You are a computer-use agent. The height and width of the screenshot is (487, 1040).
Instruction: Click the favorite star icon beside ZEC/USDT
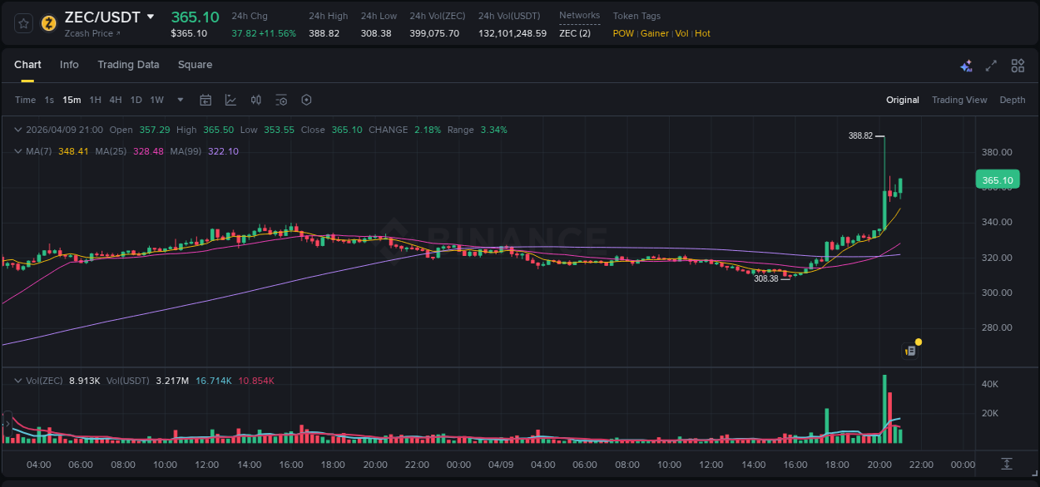pos(24,23)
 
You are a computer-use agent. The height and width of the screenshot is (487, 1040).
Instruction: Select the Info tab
pos(69,65)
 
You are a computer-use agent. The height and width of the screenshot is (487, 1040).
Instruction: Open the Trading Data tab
pos(128,65)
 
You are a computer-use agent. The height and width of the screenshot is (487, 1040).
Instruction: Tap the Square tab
pos(195,65)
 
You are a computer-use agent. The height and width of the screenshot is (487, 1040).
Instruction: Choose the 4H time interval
pos(116,100)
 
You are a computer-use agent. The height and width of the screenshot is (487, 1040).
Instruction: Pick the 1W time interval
pos(156,100)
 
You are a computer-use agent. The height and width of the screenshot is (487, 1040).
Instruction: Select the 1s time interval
pos(49,100)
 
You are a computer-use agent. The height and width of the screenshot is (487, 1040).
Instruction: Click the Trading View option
pos(959,100)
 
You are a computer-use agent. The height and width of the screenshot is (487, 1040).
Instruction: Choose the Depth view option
pos(1013,100)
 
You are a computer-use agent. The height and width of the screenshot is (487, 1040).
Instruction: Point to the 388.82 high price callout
pos(860,135)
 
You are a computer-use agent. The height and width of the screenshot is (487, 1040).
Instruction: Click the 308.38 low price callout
pos(765,279)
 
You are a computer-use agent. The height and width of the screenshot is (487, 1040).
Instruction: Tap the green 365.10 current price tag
pos(997,180)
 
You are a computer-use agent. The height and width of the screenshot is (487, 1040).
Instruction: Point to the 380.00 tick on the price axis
pos(997,152)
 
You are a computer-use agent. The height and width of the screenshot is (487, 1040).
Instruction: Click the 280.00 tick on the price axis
pos(997,327)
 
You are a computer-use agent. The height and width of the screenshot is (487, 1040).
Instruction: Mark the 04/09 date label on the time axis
pos(500,465)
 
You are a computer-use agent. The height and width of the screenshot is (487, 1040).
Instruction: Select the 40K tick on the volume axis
pos(990,384)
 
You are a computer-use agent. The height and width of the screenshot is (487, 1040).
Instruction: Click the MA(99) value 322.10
pos(222,151)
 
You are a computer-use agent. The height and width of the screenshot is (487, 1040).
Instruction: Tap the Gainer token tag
pos(655,33)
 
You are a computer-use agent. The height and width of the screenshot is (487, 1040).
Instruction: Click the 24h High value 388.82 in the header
pos(324,33)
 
